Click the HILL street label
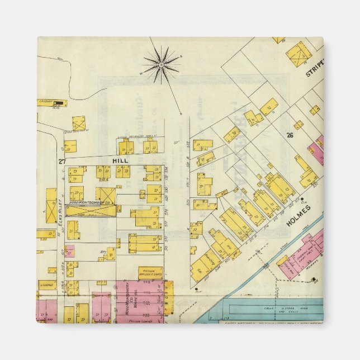click(120, 160)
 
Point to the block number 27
click(61, 162)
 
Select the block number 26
click(290, 135)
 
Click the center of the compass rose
click(160, 65)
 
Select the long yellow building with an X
click(91, 211)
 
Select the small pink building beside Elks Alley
click(70, 252)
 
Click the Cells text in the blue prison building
click(268, 309)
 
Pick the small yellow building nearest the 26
click(299, 125)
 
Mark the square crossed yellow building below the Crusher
click(79, 123)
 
